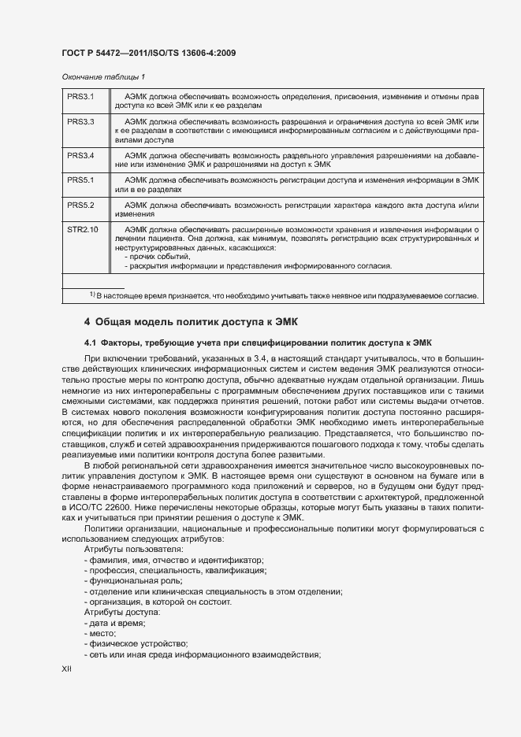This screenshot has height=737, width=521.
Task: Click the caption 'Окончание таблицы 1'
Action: coord(103,76)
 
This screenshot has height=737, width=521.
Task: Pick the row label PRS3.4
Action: coord(80,155)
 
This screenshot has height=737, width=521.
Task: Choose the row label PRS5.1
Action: coord(80,180)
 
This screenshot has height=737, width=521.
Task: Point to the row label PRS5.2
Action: coord(80,205)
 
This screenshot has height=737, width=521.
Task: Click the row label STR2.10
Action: coord(82,229)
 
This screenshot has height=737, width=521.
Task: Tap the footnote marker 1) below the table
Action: coord(92,294)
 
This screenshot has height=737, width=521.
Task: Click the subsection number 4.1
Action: coord(90,343)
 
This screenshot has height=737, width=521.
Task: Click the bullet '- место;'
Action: coord(100,633)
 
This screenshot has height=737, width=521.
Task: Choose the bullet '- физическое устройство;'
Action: coord(136,643)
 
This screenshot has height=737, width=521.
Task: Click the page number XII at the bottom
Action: coord(66,668)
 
